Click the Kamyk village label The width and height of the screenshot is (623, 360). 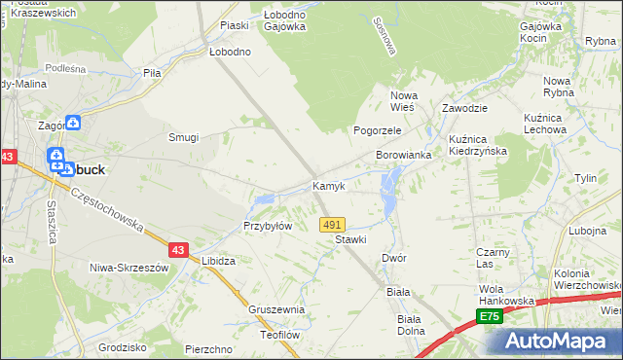point(328,186)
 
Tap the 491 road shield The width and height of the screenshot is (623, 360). point(332,225)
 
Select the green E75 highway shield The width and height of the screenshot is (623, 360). point(490,317)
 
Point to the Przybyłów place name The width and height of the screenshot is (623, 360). point(268,226)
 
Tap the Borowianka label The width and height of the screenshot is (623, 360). point(403,155)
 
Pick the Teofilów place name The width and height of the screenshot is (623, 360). point(277,334)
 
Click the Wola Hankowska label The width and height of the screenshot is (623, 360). point(506,295)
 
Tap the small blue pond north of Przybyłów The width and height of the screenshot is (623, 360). point(263,201)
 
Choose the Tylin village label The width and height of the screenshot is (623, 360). point(585,179)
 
